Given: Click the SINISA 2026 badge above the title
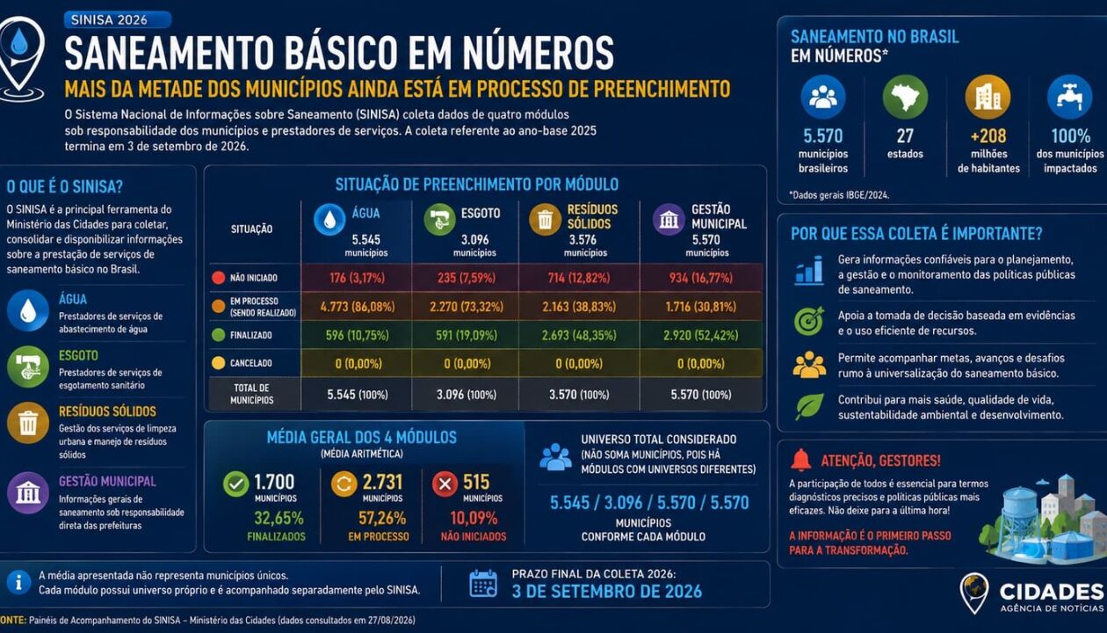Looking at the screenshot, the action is pyautogui.click(x=118, y=19).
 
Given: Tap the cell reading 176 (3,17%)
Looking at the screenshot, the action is pyautogui.click(x=357, y=278).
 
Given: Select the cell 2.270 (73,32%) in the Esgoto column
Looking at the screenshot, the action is pyautogui.click(x=466, y=307).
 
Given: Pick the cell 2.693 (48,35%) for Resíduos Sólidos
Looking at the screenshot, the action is pyautogui.click(x=579, y=335).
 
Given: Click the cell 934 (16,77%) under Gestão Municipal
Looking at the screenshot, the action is pyautogui.click(x=701, y=278).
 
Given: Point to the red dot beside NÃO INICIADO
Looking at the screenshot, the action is pyautogui.click(x=219, y=278).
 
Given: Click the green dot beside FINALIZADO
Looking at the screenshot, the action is pyautogui.click(x=219, y=335).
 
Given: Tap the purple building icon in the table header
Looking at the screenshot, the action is pyautogui.click(x=669, y=219).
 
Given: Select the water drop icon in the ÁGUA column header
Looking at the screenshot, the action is pyautogui.click(x=329, y=219).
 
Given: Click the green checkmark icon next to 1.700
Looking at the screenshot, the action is pyautogui.click(x=235, y=484).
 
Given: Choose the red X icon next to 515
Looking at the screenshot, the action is pyautogui.click(x=445, y=484).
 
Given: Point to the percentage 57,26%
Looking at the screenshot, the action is pyautogui.click(x=382, y=518).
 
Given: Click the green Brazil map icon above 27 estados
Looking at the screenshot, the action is pyautogui.click(x=905, y=97).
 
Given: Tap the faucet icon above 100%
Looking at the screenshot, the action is pyautogui.click(x=1069, y=97).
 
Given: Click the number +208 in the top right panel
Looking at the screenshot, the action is pyautogui.click(x=988, y=135).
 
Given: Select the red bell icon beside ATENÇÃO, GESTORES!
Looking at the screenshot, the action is pyautogui.click(x=801, y=460).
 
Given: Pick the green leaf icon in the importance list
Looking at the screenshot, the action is pyautogui.click(x=809, y=406).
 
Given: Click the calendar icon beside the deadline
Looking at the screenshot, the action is pyautogui.click(x=483, y=584).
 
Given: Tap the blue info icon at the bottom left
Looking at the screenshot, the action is pyautogui.click(x=18, y=583).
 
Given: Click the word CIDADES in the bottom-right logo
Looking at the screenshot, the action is pyautogui.click(x=1051, y=592).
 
